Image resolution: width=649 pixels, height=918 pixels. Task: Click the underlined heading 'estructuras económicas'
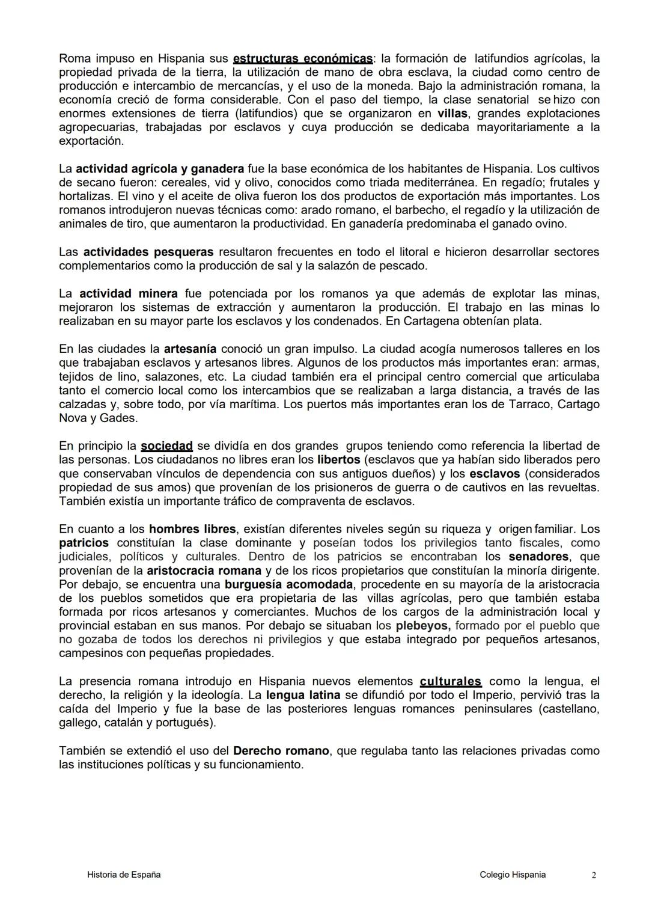(x=302, y=59)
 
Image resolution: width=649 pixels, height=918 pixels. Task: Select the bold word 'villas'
(x=452, y=114)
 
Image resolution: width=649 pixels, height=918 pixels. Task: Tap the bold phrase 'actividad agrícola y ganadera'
(x=160, y=169)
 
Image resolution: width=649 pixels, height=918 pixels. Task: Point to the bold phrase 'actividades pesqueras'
(x=148, y=252)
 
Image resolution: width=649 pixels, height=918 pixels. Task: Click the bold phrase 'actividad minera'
(x=129, y=293)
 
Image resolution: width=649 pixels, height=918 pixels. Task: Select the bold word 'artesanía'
(x=190, y=349)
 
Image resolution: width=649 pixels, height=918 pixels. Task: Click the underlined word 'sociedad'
(x=166, y=446)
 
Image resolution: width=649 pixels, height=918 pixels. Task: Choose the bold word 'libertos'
(x=338, y=460)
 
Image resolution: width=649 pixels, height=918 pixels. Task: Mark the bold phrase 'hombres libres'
(x=192, y=529)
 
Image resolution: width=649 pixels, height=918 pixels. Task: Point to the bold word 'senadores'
(x=539, y=557)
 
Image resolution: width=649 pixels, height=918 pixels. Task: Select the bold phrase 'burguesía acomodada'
(x=288, y=584)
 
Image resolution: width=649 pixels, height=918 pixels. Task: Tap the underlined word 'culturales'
(x=450, y=682)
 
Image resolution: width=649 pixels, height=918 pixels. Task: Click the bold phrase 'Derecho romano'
(x=281, y=751)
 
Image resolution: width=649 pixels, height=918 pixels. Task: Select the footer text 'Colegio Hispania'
(x=513, y=875)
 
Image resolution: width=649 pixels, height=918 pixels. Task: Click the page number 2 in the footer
(x=594, y=875)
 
